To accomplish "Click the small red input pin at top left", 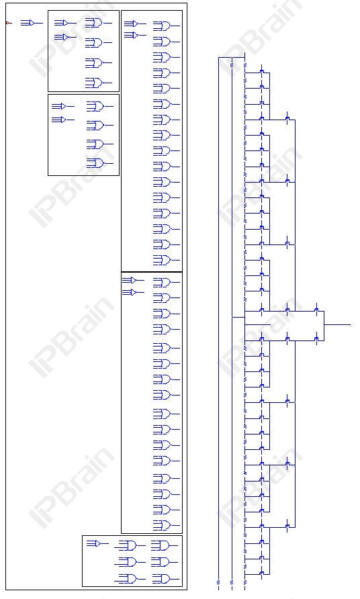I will tap(7, 23).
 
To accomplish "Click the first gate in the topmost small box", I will tap(95, 23).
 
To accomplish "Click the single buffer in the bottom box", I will tap(97, 543).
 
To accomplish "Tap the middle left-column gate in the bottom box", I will tap(128, 561).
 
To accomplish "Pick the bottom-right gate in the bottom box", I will tap(161, 579).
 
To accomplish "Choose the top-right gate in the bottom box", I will tap(161, 545).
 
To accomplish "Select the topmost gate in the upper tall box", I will tap(163, 26).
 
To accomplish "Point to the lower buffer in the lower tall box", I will tap(131, 292).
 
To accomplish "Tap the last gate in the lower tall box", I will tap(163, 525).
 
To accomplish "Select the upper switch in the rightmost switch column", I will tap(316, 310).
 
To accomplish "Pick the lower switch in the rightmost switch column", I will tap(316, 340).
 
